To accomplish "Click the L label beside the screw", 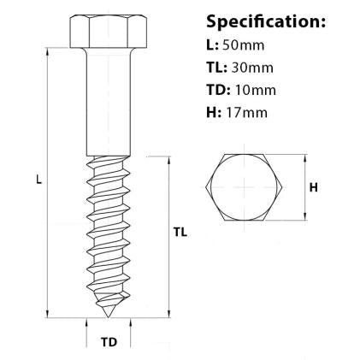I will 35,180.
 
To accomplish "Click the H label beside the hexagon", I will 314,187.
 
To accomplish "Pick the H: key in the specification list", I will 214,111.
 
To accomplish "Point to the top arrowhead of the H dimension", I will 305,156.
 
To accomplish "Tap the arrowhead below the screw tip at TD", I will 87,323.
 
